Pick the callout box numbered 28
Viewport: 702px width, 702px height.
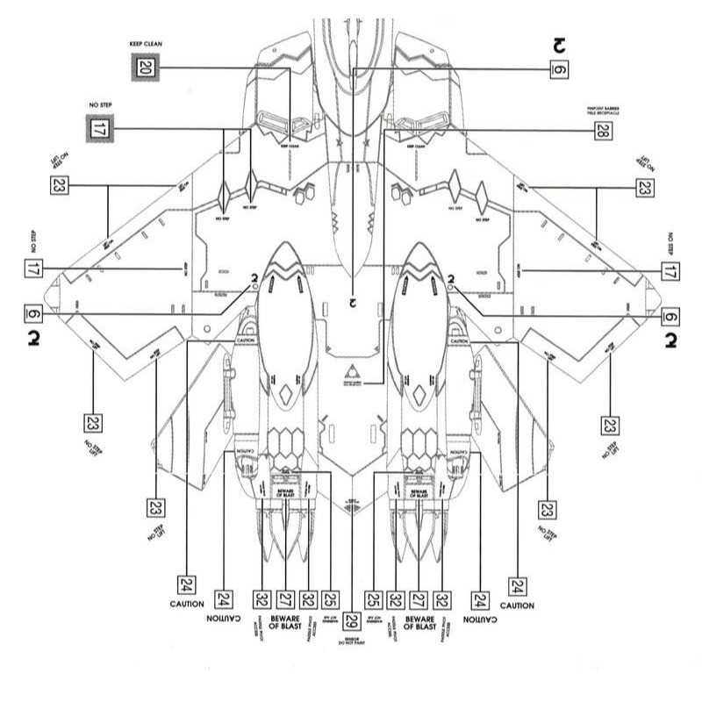coord(601,131)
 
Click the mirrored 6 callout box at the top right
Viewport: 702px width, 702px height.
coord(559,68)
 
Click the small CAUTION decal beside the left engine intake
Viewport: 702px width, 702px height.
coord(245,340)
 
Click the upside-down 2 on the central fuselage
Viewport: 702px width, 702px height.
coord(351,303)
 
